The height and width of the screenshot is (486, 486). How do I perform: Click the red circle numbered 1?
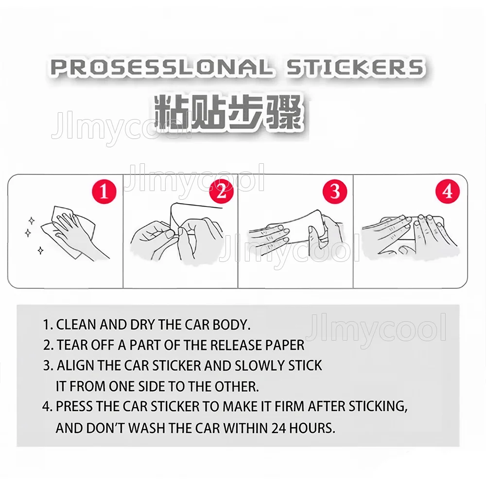pyautogui.click(x=104, y=191)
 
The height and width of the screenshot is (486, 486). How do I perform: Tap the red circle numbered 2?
pyautogui.click(x=221, y=191)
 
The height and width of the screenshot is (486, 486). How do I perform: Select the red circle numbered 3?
pyautogui.click(x=335, y=191)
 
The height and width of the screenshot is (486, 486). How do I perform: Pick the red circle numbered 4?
pyautogui.click(x=448, y=191)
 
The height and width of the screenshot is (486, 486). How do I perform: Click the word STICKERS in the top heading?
pyautogui.click(x=355, y=68)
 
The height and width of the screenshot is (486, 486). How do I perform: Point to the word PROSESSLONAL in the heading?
pyautogui.click(x=162, y=68)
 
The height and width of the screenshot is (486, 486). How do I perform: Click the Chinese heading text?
pyautogui.click(x=228, y=113)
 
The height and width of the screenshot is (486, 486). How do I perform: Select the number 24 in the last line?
pyautogui.click(x=278, y=428)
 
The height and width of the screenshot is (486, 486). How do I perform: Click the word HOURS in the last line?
pyautogui.click(x=312, y=428)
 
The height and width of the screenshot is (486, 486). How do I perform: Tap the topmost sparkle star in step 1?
pyautogui.click(x=31, y=221)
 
